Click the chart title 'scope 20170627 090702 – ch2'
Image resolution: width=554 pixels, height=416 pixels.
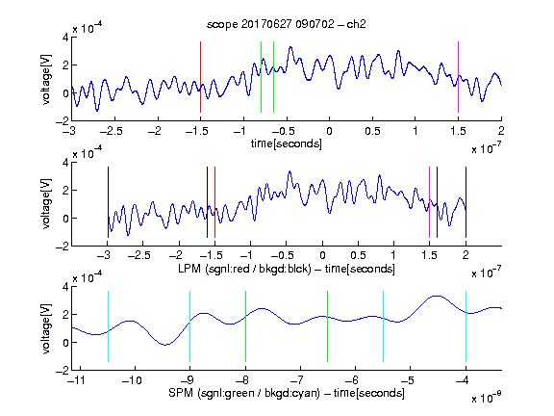(287, 24)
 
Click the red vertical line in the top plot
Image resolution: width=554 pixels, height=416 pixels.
(200, 77)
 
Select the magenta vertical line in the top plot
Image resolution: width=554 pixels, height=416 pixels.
(458, 77)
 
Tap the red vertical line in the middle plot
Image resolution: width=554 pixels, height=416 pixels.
(214, 202)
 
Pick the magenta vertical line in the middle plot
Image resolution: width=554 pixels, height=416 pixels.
(429, 202)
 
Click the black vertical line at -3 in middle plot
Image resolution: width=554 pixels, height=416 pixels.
(108, 202)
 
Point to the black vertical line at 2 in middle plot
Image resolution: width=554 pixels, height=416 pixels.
(466, 202)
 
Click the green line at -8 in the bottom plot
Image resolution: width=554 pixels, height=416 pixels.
(245, 326)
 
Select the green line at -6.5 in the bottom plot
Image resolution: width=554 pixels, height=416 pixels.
(328, 326)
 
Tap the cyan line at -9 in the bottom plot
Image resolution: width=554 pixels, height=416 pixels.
(190, 326)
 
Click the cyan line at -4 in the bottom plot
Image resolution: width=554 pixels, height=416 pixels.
(466, 326)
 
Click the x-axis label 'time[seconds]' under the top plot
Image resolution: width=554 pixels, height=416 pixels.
(287, 143)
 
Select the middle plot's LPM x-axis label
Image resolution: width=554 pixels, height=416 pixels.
(287, 269)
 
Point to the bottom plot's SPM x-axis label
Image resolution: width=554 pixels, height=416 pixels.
(287, 393)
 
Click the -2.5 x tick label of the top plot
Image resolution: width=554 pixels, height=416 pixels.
(111, 131)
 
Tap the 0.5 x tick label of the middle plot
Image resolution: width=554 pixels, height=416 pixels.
(358, 255)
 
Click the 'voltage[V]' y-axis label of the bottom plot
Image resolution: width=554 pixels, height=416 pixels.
(46, 328)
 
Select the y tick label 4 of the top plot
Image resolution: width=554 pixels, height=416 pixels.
(65, 38)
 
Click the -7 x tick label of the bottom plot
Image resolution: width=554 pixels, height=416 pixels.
(297, 380)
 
